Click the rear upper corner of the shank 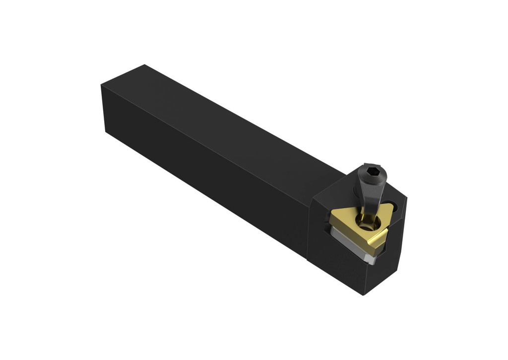pos(144,65)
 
